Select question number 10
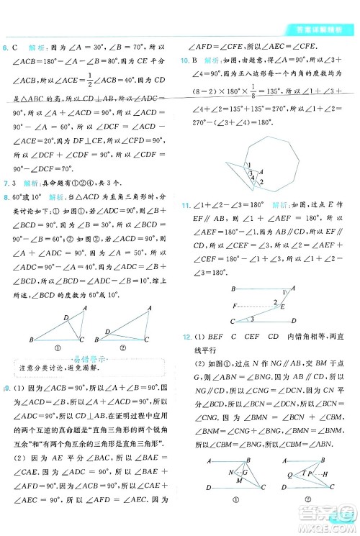click(184, 60)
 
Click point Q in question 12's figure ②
click(289, 475)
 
